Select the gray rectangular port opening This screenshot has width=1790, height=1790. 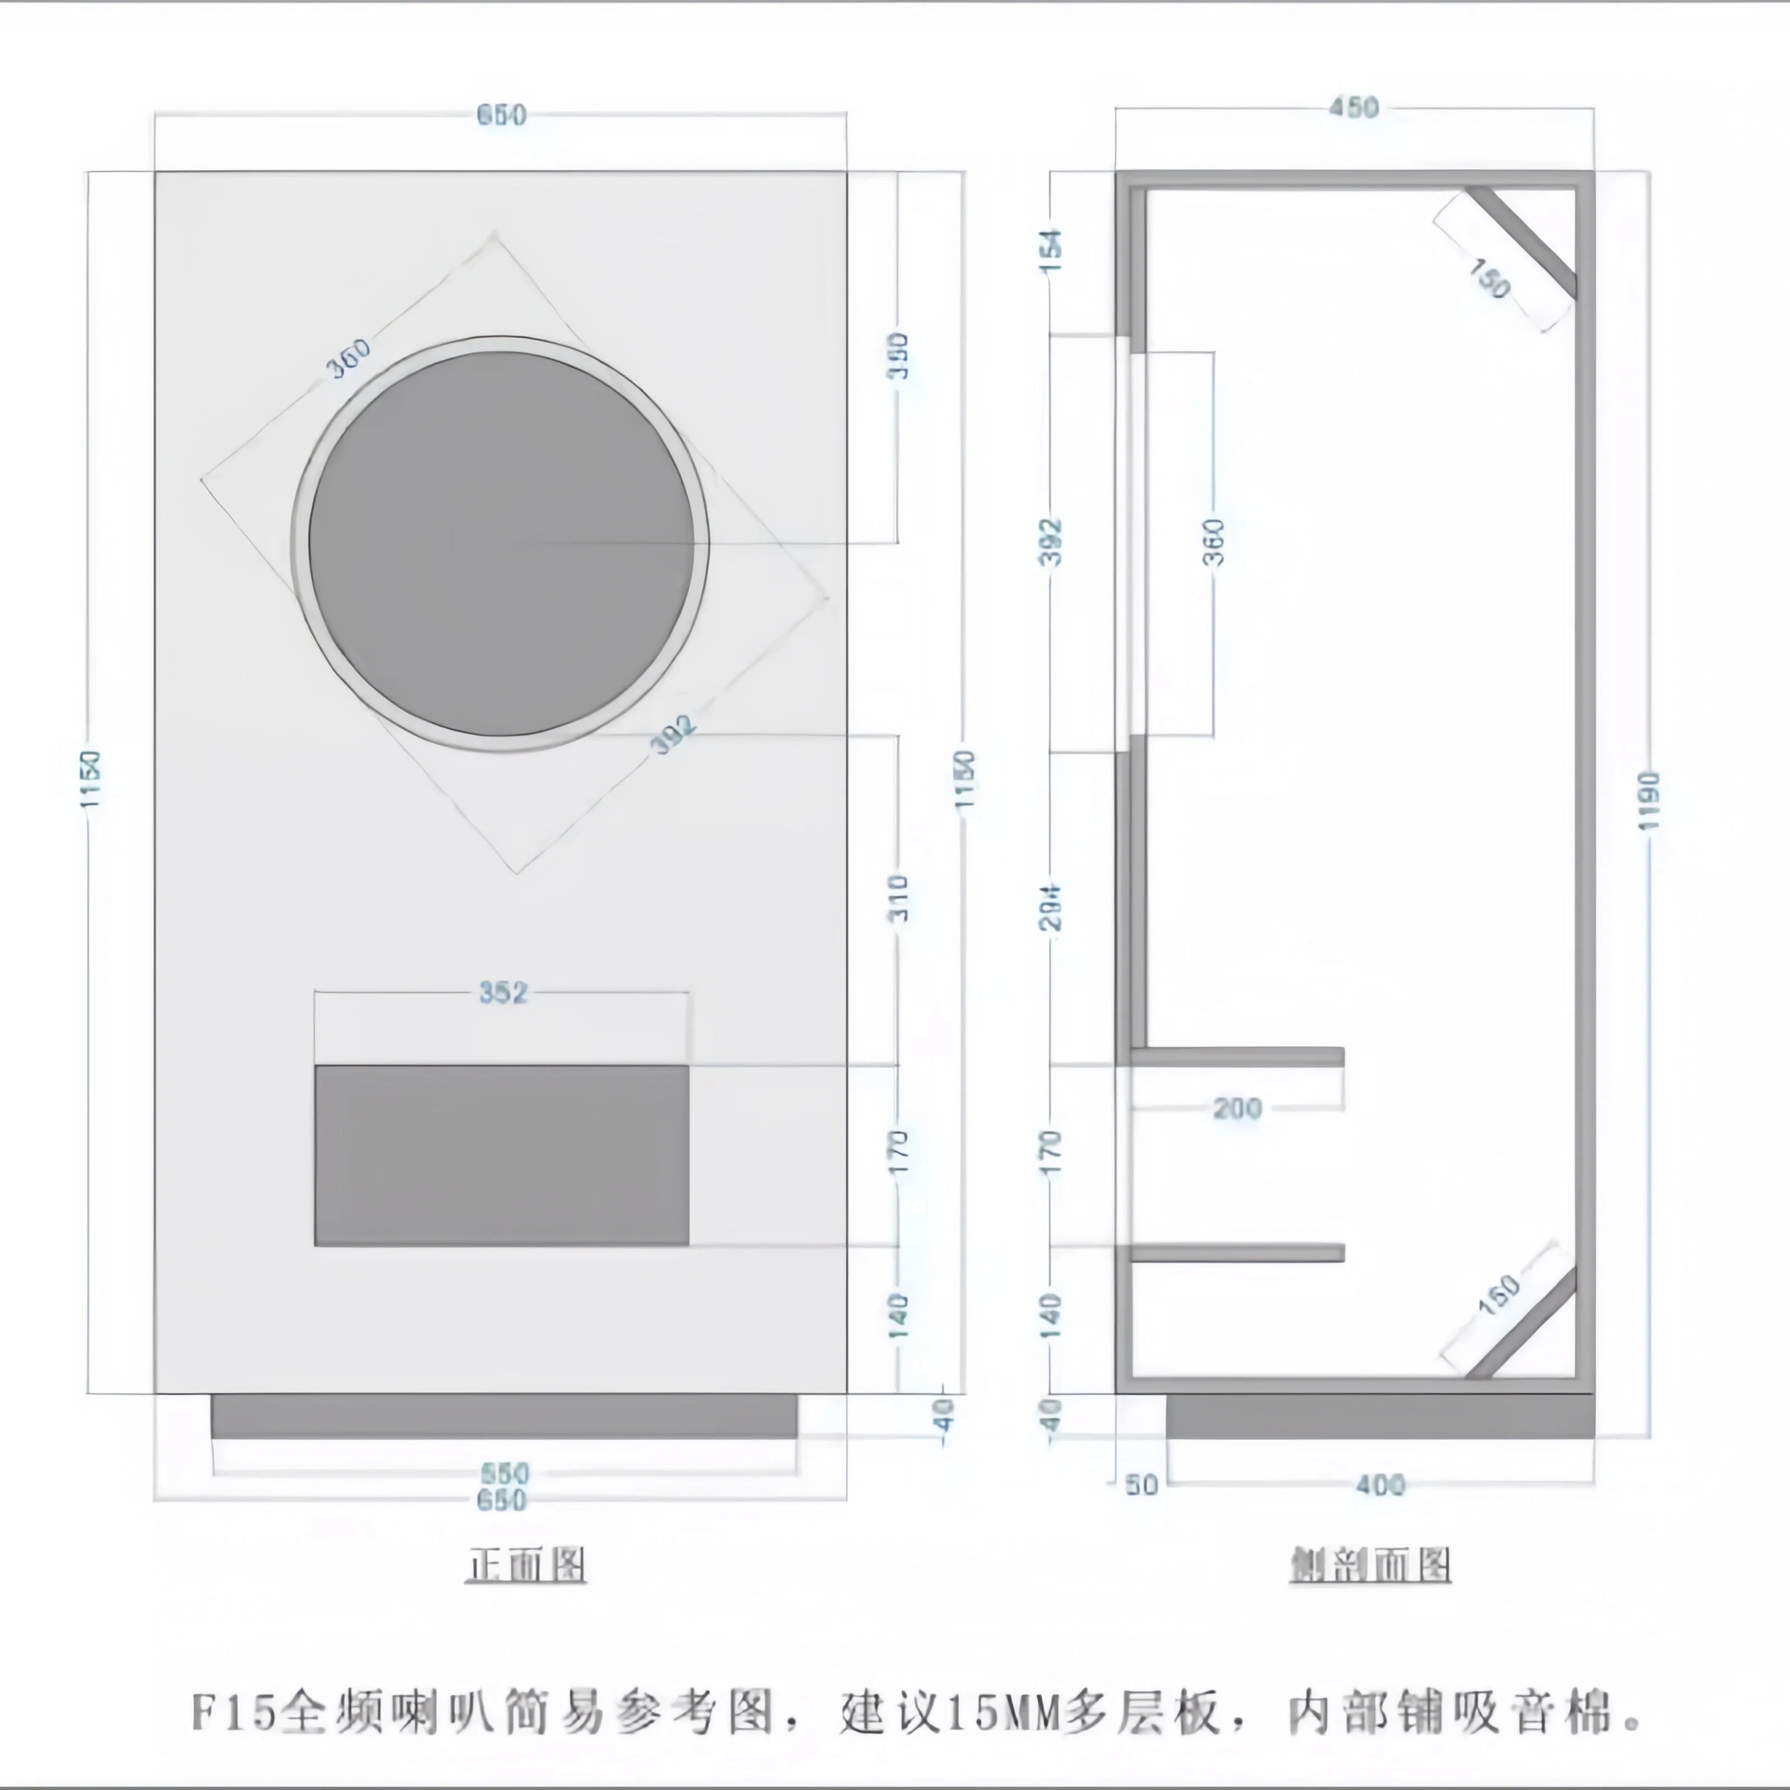[501, 1155]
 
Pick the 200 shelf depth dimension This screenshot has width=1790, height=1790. [1237, 1108]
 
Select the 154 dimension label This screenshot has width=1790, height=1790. [1052, 250]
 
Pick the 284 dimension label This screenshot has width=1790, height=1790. [1052, 906]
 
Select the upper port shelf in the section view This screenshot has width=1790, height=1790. [1237, 1056]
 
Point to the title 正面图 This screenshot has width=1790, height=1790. [525, 1565]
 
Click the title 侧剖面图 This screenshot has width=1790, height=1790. [1370, 1565]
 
